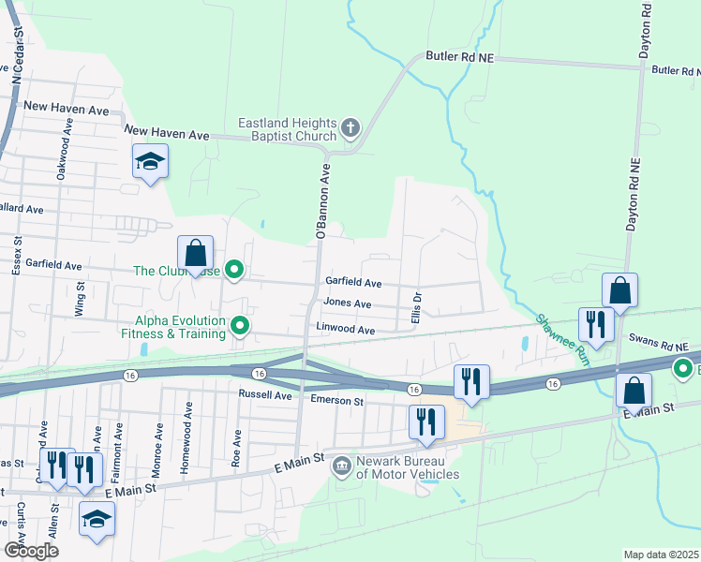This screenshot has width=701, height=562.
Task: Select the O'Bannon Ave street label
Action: (322, 201)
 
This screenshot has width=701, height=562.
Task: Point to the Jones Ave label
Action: (347, 303)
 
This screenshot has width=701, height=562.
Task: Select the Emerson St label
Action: (337, 401)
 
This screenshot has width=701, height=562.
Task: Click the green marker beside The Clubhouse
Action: (236, 272)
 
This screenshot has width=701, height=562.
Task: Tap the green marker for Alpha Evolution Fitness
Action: (241, 326)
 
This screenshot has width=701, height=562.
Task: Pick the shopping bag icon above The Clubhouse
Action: (195, 253)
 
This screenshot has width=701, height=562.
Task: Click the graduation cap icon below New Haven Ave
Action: (150, 162)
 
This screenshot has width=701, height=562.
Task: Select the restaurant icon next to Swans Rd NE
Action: (596, 325)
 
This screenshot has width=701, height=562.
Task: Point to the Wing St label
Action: (81, 303)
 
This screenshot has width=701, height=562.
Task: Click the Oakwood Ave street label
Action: (65, 159)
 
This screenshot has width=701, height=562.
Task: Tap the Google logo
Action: (31, 551)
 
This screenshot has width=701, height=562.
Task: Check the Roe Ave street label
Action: (238, 448)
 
